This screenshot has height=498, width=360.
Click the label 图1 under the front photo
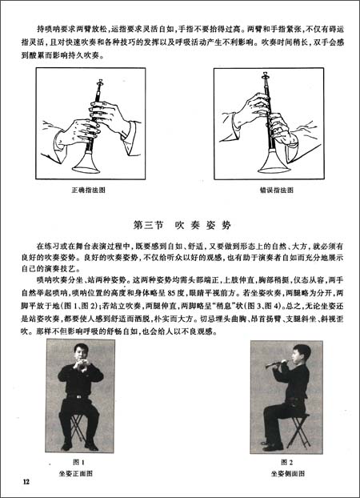point(77,462)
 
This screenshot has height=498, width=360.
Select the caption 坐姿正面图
point(77,473)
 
